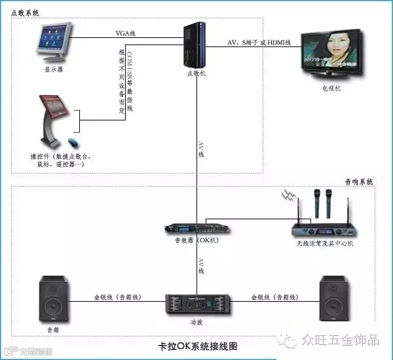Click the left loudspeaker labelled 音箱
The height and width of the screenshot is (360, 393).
(54, 298)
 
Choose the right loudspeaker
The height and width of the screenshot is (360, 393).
(337, 298)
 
